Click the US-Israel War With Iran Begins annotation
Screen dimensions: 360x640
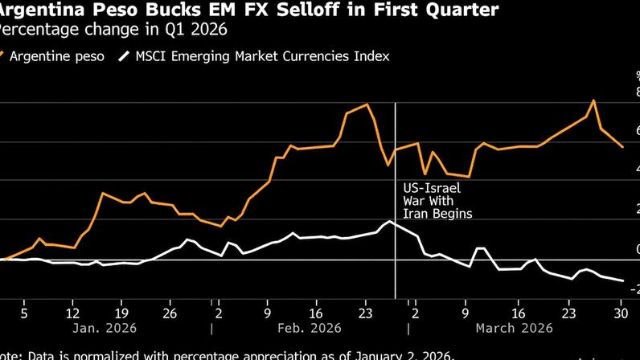[437, 201]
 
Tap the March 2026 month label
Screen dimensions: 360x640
[515, 328]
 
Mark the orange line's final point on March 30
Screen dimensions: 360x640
[622, 147]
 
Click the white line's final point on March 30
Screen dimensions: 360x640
[623, 280]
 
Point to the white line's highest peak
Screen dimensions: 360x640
[389, 221]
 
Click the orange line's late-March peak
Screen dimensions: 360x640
[593, 100]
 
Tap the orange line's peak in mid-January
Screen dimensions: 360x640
[102, 193]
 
